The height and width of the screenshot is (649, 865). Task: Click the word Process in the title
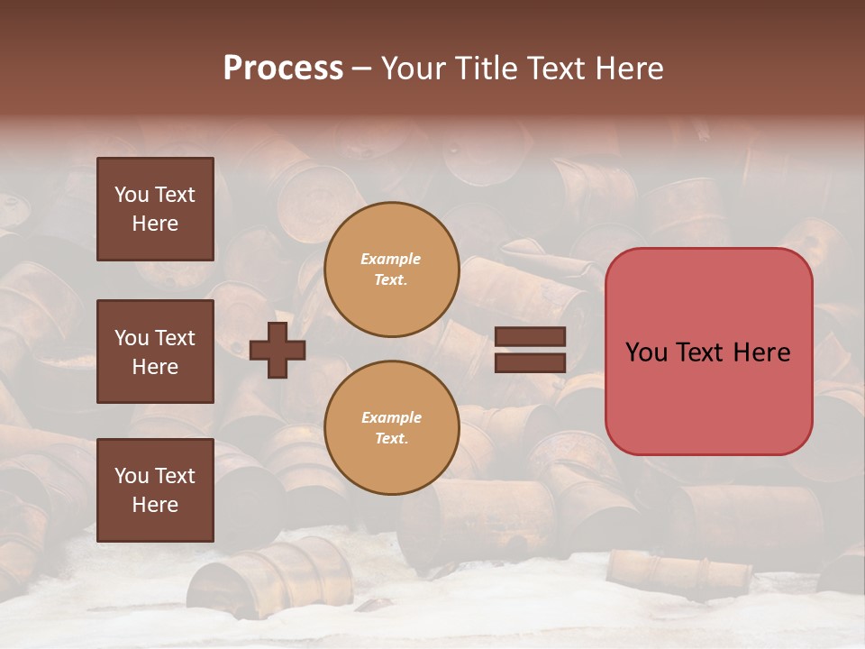point(283,69)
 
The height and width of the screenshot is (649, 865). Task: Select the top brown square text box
point(155,209)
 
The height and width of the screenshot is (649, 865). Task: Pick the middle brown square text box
point(155,352)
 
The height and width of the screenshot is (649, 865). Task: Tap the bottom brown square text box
point(155,490)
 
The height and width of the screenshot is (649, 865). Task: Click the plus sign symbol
point(278,350)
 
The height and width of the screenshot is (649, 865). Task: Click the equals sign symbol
point(530,350)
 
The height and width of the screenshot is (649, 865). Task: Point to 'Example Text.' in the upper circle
point(391,270)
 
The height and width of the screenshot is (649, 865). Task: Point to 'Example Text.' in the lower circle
point(391,428)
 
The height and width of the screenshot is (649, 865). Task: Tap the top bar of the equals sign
point(530,337)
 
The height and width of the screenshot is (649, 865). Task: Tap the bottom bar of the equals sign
point(530,362)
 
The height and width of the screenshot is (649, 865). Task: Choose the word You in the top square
point(131,195)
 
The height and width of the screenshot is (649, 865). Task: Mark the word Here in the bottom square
point(155,505)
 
